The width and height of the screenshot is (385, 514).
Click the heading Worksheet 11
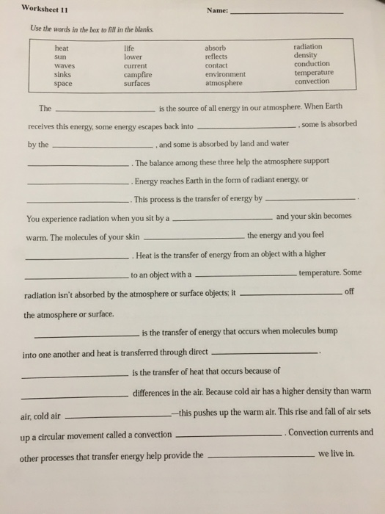tap(45, 9)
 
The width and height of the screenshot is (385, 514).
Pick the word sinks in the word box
tap(64, 75)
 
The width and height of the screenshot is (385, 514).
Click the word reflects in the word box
tap(216, 57)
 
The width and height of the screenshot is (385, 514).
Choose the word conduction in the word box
tap(311, 64)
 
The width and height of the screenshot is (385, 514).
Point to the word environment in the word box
tap(225, 75)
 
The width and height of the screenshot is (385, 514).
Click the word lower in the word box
tap(133, 57)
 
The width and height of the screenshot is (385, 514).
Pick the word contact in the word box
tap(216, 65)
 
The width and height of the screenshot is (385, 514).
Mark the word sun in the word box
tap(61, 57)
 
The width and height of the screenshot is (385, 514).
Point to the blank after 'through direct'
tap(264, 353)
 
